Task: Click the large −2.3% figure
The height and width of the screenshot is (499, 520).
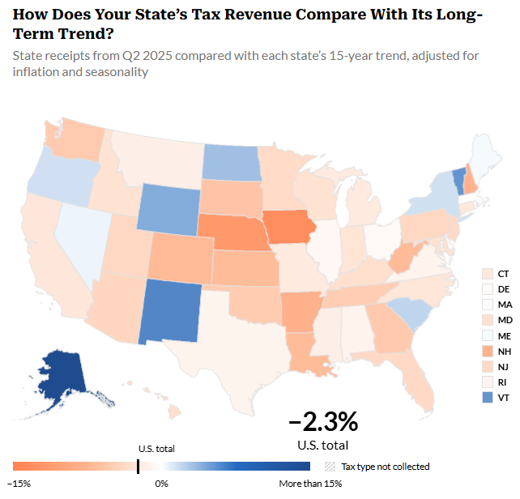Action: (x=322, y=422)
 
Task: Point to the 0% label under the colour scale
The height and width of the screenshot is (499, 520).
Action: (x=161, y=483)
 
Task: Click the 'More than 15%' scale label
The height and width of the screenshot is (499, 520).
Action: (x=310, y=483)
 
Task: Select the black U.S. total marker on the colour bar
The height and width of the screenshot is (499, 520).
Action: (x=138, y=466)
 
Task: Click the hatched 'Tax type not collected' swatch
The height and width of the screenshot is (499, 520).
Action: (x=329, y=467)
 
